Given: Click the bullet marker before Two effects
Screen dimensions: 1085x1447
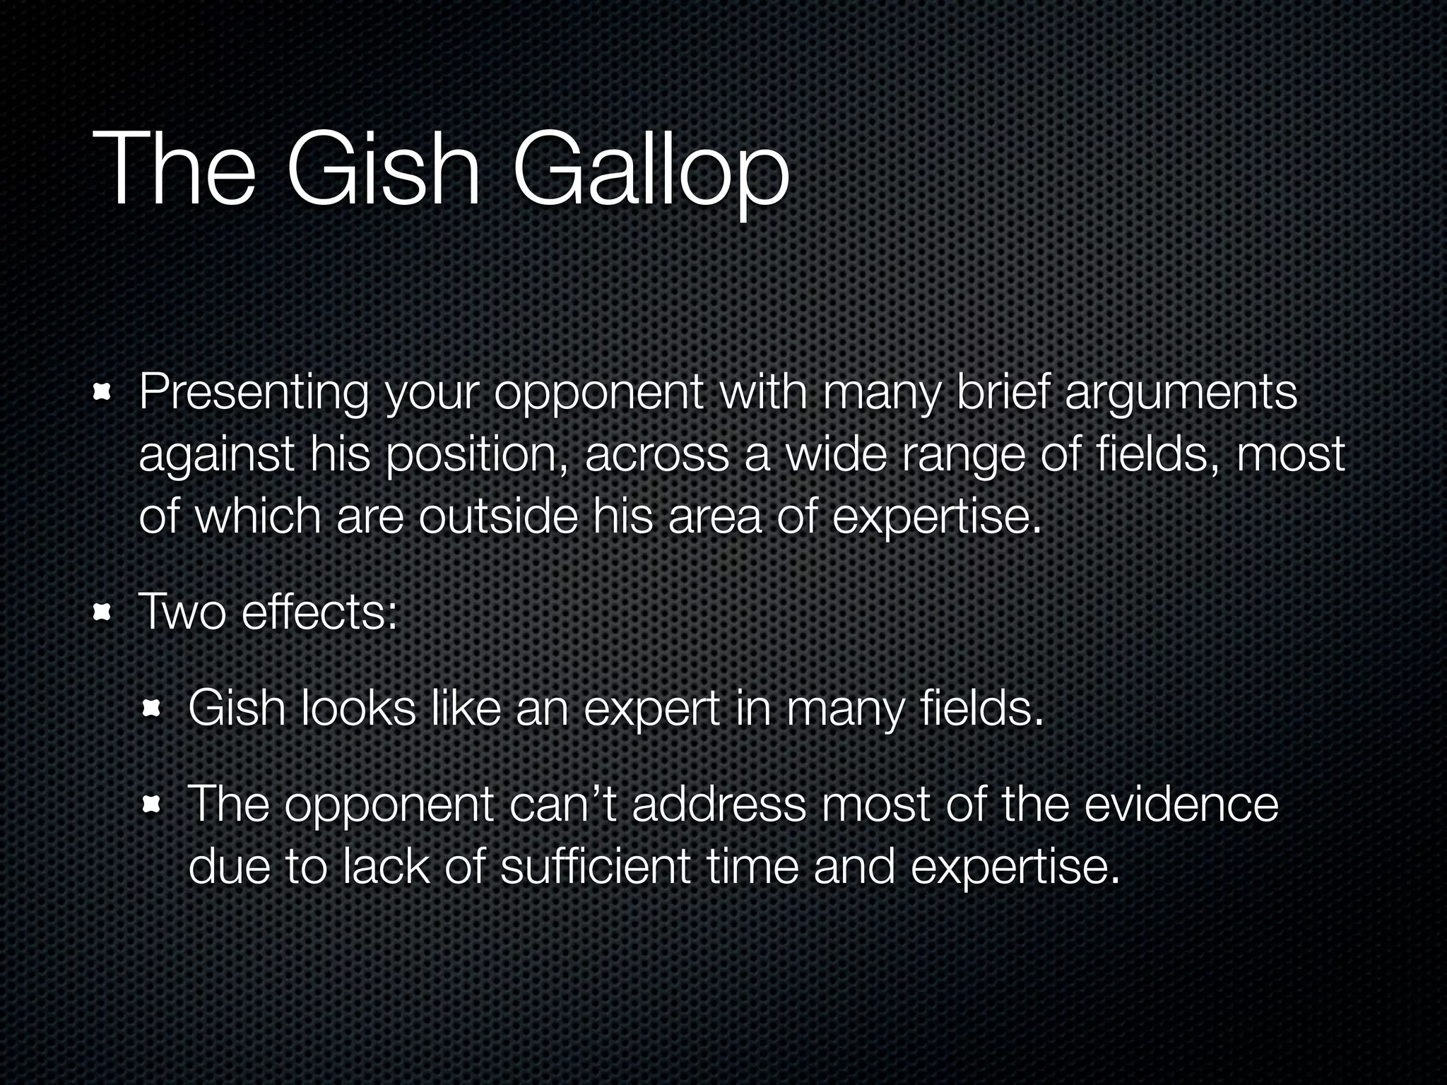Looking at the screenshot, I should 104,612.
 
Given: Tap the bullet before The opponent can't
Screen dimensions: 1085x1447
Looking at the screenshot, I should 153,805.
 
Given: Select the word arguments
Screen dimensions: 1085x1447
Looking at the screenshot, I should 1181,393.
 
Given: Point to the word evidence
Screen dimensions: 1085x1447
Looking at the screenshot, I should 1181,805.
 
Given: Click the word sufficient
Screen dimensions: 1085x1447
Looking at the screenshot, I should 594,867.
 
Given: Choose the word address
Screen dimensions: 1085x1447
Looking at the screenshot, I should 719,805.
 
